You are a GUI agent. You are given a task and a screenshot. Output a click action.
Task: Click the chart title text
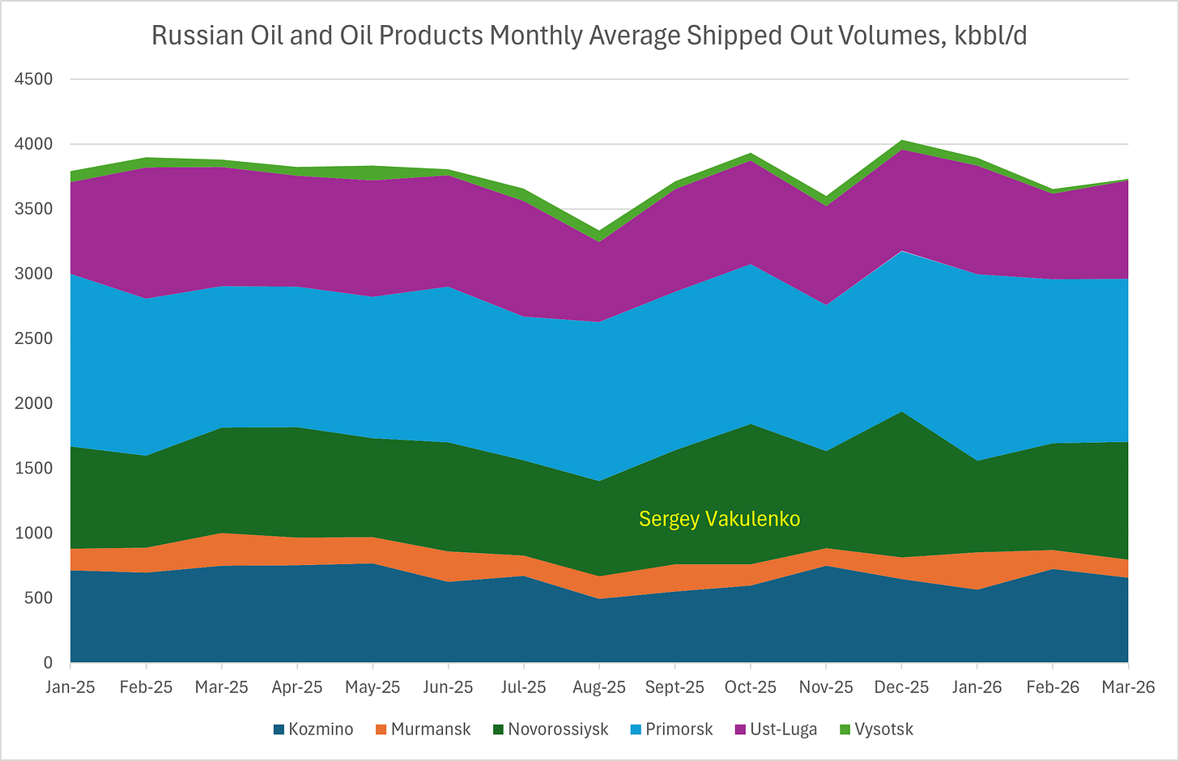(x=589, y=36)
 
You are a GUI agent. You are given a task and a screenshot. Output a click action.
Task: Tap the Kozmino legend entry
(x=313, y=729)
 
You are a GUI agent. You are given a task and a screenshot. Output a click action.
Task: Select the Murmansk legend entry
(x=424, y=729)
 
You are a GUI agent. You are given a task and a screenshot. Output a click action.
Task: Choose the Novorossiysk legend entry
(x=551, y=729)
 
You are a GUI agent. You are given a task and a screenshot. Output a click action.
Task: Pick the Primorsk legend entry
(x=671, y=729)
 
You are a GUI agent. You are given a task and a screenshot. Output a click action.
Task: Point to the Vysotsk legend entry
(x=876, y=729)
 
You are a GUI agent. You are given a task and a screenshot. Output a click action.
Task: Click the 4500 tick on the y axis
(x=34, y=79)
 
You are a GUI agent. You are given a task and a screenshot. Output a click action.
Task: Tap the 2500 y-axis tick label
(x=34, y=338)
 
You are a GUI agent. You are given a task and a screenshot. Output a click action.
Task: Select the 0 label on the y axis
(x=48, y=662)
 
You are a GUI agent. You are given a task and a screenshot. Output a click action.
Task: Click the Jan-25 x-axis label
(x=70, y=687)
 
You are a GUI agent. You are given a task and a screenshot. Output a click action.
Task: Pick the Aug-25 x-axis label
(x=599, y=687)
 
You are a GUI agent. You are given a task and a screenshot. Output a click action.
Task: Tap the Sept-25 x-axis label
(x=675, y=687)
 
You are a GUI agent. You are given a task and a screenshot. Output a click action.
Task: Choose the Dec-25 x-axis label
(x=901, y=687)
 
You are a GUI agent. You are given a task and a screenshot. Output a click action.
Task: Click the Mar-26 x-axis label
(x=1129, y=687)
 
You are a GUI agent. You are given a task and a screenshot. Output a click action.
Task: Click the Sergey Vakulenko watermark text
(x=720, y=519)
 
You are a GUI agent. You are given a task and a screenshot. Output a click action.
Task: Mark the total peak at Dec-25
(x=901, y=140)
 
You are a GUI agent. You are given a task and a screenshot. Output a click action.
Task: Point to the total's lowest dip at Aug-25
(x=599, y=231)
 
